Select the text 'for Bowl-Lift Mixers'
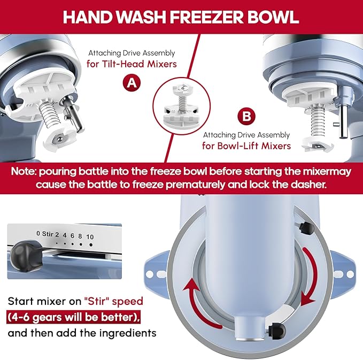click(246, 145)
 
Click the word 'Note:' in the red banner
click(29, 173)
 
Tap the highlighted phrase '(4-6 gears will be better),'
click(74, 317)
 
